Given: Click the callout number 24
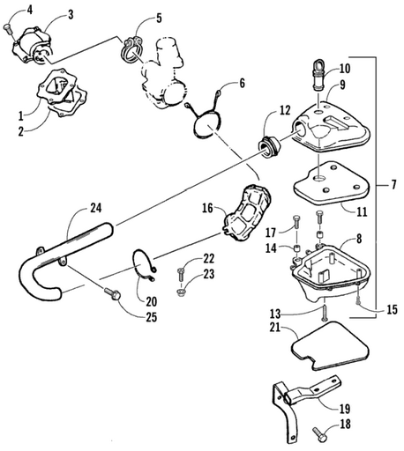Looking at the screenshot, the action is pyautogui.click(x=96, y=208).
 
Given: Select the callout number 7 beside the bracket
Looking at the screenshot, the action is pyautogui.click(x=393, y=185).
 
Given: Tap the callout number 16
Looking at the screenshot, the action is pyautogui.click(x=207, y=208).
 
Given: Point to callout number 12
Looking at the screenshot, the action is pyautogui.click(x=284, y=110).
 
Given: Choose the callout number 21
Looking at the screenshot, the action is pyautogui.click(x=275, y=327).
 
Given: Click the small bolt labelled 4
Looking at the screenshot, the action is pyautogui.click(x=7, y=29).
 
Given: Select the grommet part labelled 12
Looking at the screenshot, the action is pyautogui.click(x=268, y=148).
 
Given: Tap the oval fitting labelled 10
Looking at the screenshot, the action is pyautogui.click(x=319, y=73).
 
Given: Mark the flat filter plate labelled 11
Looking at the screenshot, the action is pyautogui.click(x=332, y=182).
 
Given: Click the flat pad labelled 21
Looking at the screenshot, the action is pyautogui.click(x=330, y=346).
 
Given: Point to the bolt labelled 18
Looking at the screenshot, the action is pyautogui.click(x=318, y=433).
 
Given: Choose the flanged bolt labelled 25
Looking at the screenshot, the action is pyautogui.click(x=113, y=293).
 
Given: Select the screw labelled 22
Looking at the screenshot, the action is pyautogui.click(x=181, y=275).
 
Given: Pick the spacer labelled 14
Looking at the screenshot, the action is pyautogui.click(x=297, y=248).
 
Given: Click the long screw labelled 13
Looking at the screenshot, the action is pyautogui.click(x=325, y=312).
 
